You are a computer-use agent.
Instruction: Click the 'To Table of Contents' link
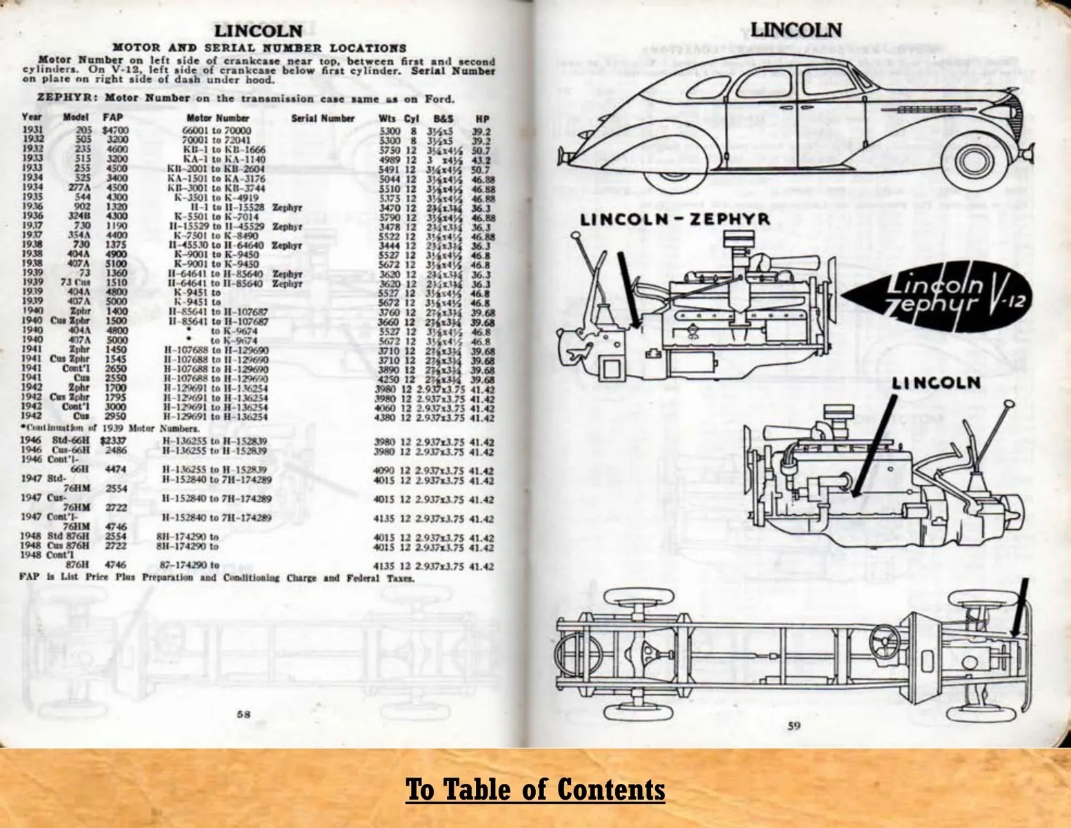coord(535,789)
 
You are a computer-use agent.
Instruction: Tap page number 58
coord(243,715)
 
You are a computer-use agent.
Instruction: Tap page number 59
coord(794,725)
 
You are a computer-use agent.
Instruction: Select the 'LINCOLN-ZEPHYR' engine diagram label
coord(674,220)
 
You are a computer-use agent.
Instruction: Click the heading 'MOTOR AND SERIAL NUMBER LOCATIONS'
coord(259,48)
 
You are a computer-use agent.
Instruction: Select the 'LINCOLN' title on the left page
coord(259,30)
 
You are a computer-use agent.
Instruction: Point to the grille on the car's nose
coord(1010,111)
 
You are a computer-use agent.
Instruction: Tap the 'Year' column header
coord(32,118)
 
